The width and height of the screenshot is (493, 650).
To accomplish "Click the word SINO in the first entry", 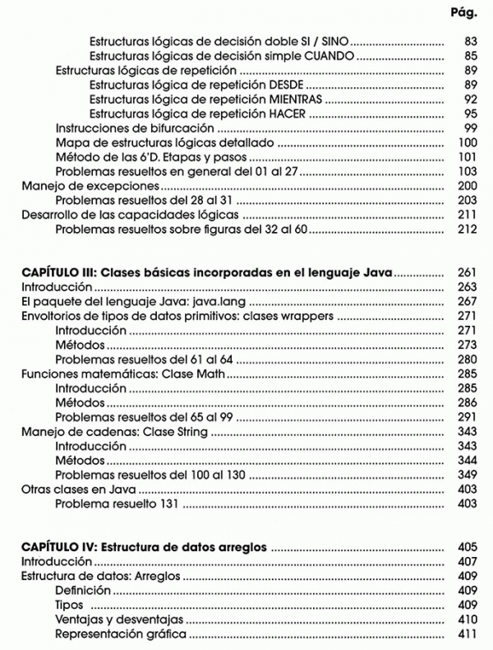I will pos(334,40).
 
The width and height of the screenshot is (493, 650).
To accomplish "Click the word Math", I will pos(210,374).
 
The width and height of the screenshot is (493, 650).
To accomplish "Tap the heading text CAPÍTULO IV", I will pos(59,546).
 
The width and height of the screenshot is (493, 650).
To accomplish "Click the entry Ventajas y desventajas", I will pos(120,619).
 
